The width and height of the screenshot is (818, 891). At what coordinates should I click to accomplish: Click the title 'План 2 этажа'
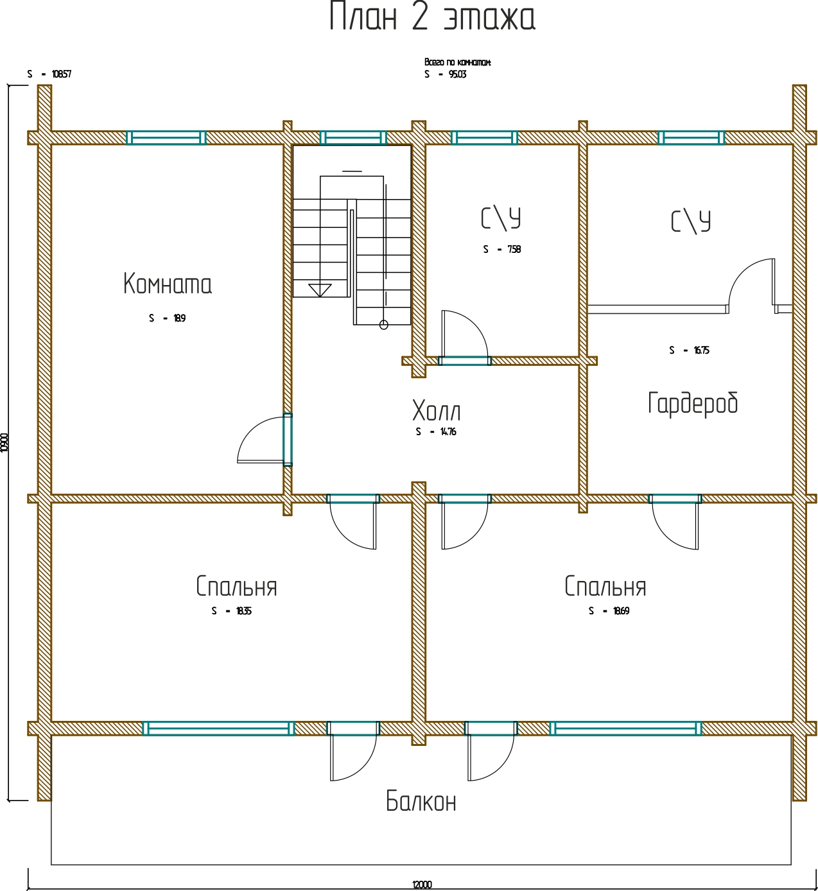coord(431,17)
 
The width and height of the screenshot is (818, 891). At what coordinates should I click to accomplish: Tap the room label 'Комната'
coord(168,284)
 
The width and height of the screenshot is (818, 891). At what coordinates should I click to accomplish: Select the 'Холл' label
coord(437,411)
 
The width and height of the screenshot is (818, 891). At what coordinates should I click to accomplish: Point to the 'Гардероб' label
coord(693,403)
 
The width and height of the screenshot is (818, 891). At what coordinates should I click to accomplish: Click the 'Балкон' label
coord(421,801)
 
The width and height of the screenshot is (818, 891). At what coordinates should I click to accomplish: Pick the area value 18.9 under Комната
coord(179,318)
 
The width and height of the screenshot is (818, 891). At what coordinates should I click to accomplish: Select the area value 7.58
coord(514,250)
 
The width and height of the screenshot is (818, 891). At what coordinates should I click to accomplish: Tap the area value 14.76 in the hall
coord(448,432)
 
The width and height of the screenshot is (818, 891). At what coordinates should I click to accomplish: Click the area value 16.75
coord(701,350)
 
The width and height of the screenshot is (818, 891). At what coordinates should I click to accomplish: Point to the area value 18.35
coord(243,611)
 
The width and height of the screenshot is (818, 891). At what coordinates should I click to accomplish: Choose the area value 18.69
coord(621,611)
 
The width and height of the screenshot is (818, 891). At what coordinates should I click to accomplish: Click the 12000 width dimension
coord(422,885)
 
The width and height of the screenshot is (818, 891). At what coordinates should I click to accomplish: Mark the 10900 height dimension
coord(5,442)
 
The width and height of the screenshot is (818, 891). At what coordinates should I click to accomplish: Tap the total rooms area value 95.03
coord(457,74)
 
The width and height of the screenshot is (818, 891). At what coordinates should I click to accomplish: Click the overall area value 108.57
coord(62,74)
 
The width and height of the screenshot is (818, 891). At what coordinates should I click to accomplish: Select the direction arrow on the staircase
coord(320,290)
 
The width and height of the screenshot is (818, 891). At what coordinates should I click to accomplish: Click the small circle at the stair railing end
coord(384,325)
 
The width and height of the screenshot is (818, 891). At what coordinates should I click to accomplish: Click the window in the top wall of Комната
coord(166,138)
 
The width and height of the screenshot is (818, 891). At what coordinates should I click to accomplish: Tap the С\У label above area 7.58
coord(501,218)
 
